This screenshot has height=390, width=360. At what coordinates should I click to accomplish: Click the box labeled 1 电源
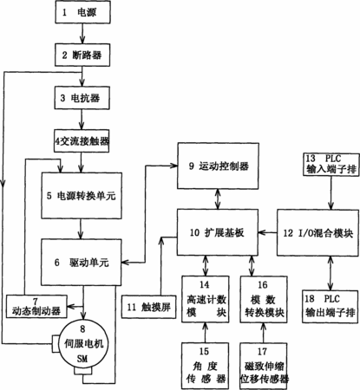click(82, 12)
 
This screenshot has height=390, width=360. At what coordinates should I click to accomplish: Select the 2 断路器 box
click(82, 55)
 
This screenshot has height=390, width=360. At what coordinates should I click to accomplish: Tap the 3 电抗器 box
click(82, 98)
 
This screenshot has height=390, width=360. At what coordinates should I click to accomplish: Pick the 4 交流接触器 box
click(82, 140)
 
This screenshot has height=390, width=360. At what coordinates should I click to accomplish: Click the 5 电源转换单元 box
click(82, 196)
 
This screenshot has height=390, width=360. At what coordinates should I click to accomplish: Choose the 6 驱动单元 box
click(82, 263)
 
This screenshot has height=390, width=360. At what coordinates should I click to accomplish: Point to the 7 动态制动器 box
click(36, 307)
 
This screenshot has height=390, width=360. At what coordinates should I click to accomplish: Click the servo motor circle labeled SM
click(82, 344)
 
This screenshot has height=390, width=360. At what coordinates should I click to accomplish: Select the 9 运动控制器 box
click(218, 166)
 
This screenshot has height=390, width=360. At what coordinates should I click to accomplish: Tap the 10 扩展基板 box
click(218, 232)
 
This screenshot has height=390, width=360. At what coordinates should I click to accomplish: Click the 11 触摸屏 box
click(148, 307)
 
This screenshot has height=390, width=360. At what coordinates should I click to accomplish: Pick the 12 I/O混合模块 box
click(317, 233)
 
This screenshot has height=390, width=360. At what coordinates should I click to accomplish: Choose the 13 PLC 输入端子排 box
click(331, 165)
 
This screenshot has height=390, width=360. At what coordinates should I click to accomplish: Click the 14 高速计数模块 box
click(206, 299)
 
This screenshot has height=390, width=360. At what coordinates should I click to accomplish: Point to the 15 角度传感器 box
click(205, 366)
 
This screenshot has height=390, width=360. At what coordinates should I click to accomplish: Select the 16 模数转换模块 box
click(264, 299)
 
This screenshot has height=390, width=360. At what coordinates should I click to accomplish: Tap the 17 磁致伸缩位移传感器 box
click(264, 366)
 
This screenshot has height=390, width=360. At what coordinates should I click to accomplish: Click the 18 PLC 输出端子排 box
click(331, 306)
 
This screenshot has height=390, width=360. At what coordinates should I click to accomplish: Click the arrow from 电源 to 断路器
click(82, 34)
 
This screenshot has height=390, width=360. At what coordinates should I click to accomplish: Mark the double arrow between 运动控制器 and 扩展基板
click(218, 199)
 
